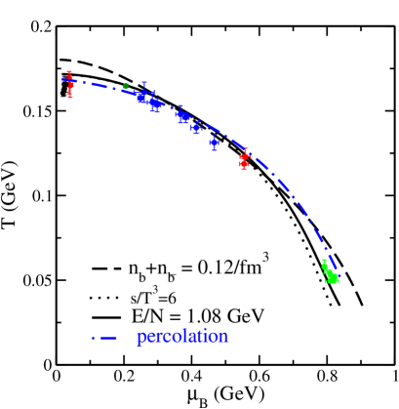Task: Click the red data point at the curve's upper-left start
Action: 70,84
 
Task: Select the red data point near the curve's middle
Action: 244,159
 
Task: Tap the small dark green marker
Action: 126,86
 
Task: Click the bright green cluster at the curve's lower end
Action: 333,278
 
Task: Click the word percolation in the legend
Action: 182,337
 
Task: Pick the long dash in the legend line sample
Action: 108,338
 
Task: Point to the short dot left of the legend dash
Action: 93,338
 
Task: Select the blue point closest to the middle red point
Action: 214,143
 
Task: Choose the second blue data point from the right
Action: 196,127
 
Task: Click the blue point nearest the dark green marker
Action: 142,96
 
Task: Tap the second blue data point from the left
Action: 155,104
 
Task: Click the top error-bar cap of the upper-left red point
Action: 69,71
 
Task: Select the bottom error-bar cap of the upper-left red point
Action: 70,97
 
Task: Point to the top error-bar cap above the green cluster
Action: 324,260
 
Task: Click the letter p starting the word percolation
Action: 140,338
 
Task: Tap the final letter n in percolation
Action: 224,337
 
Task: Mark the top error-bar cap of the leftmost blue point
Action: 144,82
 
